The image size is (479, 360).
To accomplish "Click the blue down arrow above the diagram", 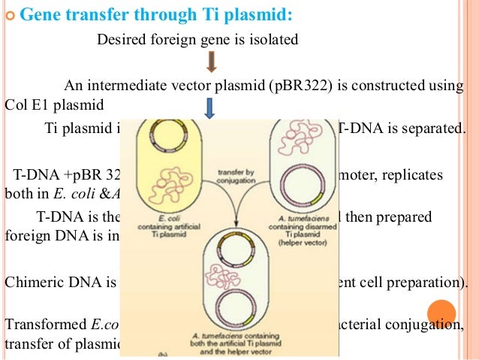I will [x=209, y=110].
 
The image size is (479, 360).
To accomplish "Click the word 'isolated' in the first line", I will [x=276, y=39].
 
